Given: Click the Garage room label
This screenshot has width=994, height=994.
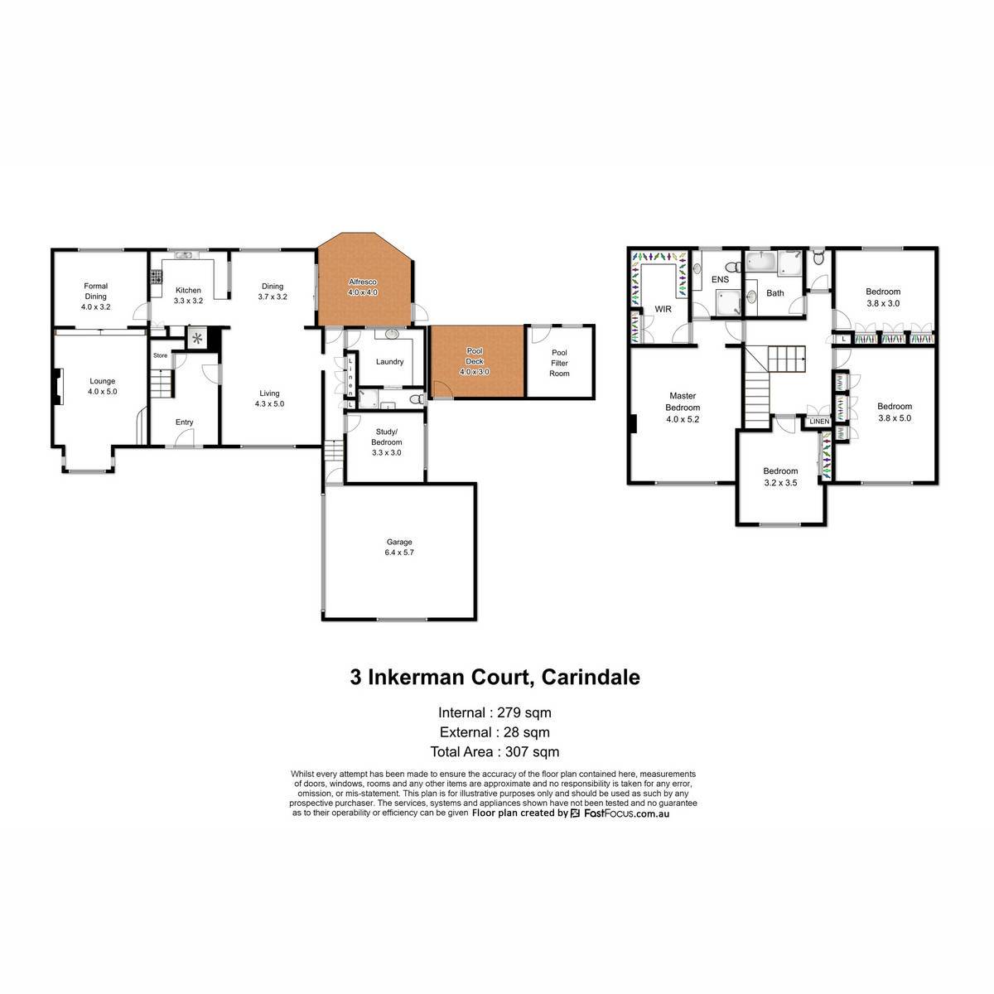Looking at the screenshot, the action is [399, 542].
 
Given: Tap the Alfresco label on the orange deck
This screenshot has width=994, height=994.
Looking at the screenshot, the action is [363, 282].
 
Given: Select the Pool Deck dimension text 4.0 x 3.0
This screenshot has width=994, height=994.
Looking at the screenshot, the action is [475, 371].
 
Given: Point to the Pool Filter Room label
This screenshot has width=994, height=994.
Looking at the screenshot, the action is [559, 363].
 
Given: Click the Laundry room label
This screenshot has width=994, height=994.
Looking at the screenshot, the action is [389, 362].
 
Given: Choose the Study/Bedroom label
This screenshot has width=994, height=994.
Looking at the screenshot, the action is [386, 437].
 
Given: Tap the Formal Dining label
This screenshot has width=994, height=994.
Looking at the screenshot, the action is [96, 291].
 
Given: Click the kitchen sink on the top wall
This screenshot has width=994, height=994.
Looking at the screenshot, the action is [183, 255].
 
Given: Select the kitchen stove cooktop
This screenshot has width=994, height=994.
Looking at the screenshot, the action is [156, 277].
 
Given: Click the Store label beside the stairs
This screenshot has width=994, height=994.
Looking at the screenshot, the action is [160, 355].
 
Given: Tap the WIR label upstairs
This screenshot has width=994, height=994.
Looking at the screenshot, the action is [663, 309].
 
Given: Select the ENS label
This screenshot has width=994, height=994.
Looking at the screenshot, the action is [720, 280].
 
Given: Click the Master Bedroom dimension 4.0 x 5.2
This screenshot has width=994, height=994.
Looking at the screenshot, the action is [683, 419].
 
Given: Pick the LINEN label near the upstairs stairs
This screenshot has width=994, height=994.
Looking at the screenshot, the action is [819, 422].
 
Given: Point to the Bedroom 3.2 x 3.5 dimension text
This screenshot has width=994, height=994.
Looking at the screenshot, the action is [780, 483].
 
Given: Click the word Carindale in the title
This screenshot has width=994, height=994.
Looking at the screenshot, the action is [591, 677].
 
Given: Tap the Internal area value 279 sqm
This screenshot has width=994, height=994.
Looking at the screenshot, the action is [524, 712].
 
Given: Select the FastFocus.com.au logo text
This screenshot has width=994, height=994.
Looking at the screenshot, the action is [626, 813].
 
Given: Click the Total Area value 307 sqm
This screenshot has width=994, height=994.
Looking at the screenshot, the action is [533, 751].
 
